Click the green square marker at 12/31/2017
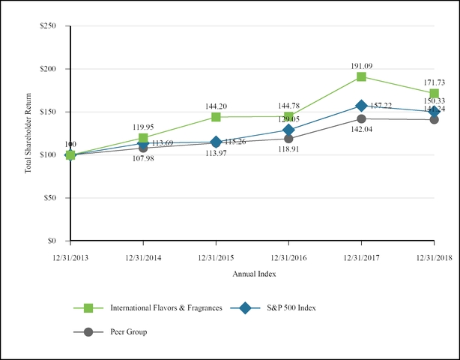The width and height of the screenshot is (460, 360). (x=361, y=76)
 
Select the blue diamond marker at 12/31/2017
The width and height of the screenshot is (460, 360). (x=361, y=106)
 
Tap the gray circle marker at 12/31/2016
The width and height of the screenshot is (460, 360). (x=288, y=139)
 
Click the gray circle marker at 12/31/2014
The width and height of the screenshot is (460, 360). (x=143, y=148)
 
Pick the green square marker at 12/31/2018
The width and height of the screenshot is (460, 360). (x=434, y=93)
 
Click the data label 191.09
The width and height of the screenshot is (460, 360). (x=361, y=64)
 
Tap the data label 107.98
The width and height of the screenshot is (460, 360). (x=143, y=159)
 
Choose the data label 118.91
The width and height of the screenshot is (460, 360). (x=288, y=150)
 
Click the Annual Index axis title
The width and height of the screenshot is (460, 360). (x=252, y=274)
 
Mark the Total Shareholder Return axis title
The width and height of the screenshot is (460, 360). (x=28, y=133)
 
